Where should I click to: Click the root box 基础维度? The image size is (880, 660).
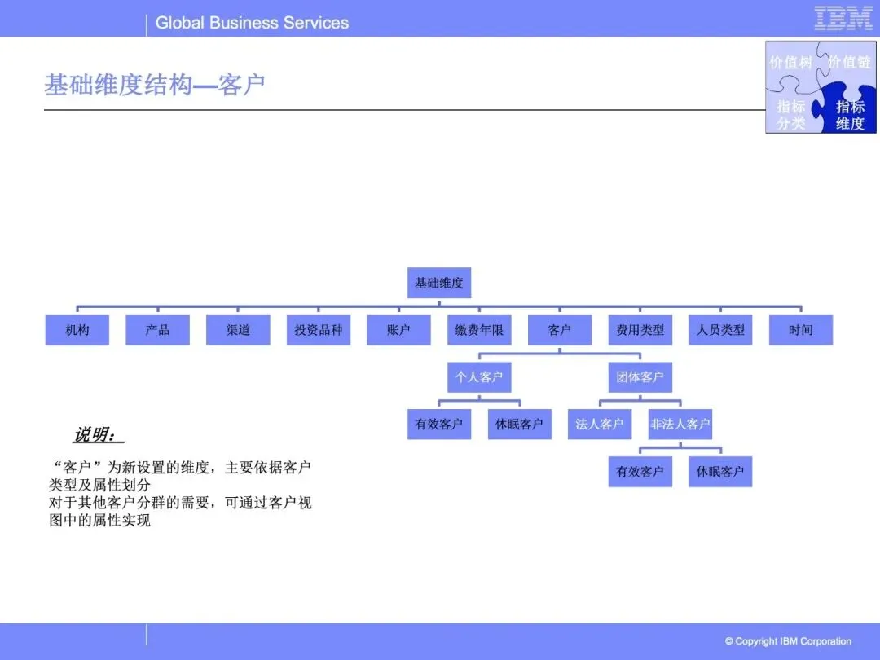(x=439, y=283)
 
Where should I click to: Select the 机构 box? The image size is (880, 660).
(x=77, y=330)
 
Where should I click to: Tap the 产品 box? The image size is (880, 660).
(x=157, y=330)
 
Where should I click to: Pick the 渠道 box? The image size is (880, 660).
(x=238, y=330)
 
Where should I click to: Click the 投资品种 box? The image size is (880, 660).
(x=319, y=330)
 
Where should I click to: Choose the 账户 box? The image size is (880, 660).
(x=398, y=330)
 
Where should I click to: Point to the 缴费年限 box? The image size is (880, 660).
(x=479, y=330)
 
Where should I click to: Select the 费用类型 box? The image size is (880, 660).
(x=640, y=330)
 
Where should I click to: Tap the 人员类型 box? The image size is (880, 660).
(x=720, y=330)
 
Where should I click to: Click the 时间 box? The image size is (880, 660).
(x=800, y=330)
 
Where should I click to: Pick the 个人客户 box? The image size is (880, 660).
(x=479, y=377)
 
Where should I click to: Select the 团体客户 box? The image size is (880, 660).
(x=640, y=377)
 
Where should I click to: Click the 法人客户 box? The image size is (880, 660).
(x=600, y=425)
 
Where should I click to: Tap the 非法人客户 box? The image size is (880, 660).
(x=680, y=425)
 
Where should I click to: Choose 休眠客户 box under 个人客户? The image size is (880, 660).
(x=519, y=425)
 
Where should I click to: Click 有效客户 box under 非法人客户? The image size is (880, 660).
(x=640, y=472)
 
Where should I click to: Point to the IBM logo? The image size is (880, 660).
(x=843, y=18)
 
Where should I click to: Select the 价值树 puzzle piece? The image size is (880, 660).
(x=790, y=63)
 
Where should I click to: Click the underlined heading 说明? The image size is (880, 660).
(x=96, y=435)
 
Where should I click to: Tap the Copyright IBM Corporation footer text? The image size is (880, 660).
(x=788, y=641)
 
